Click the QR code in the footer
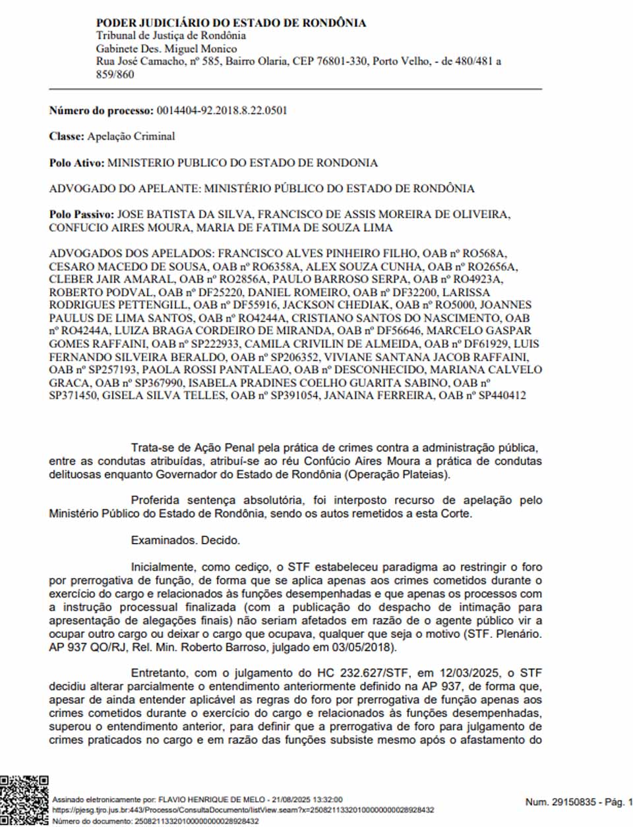(24, 799)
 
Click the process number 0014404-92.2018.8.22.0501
(222, 111)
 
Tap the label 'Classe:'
(67, 136)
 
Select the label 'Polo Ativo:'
(76, 163)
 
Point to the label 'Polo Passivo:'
(82, 215)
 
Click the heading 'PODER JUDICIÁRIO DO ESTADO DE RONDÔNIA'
(231, 23)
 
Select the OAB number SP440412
(502, 395)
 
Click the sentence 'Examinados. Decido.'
(185, 540)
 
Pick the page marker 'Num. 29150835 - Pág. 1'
(578, 802)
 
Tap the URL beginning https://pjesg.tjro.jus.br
(243, 810)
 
